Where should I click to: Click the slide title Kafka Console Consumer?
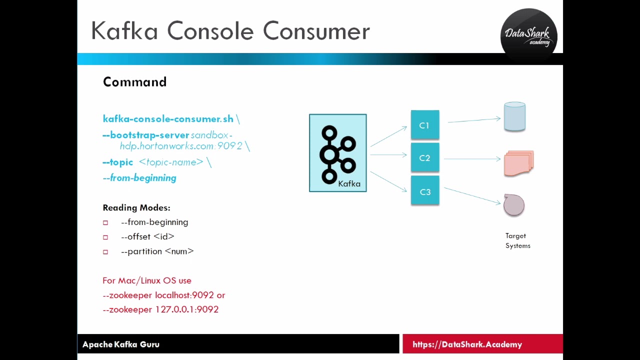(230, 31)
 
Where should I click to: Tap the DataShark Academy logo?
(528, 36)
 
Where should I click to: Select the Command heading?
(134, 82)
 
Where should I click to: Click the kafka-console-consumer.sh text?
(168, 119)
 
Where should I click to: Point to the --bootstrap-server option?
(145, 135)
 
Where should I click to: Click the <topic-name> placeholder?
(171, 162)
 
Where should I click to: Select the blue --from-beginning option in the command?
(139, 178)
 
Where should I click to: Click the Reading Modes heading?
(136, 207)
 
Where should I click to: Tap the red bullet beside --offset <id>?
(105, 237)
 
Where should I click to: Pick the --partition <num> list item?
(157, 251)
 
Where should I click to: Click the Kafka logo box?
(338, 153)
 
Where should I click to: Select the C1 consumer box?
(424, 125)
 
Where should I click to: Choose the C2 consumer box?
(424, 158)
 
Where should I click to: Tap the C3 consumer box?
(425, 191)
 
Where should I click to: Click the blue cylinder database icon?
(514, 117)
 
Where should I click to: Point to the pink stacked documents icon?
(518, 163)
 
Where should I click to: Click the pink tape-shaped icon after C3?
(514, 205)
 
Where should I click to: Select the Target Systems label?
(517, 240)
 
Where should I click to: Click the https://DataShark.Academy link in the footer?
(467, 344)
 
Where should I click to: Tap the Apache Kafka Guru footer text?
(121, 344)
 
